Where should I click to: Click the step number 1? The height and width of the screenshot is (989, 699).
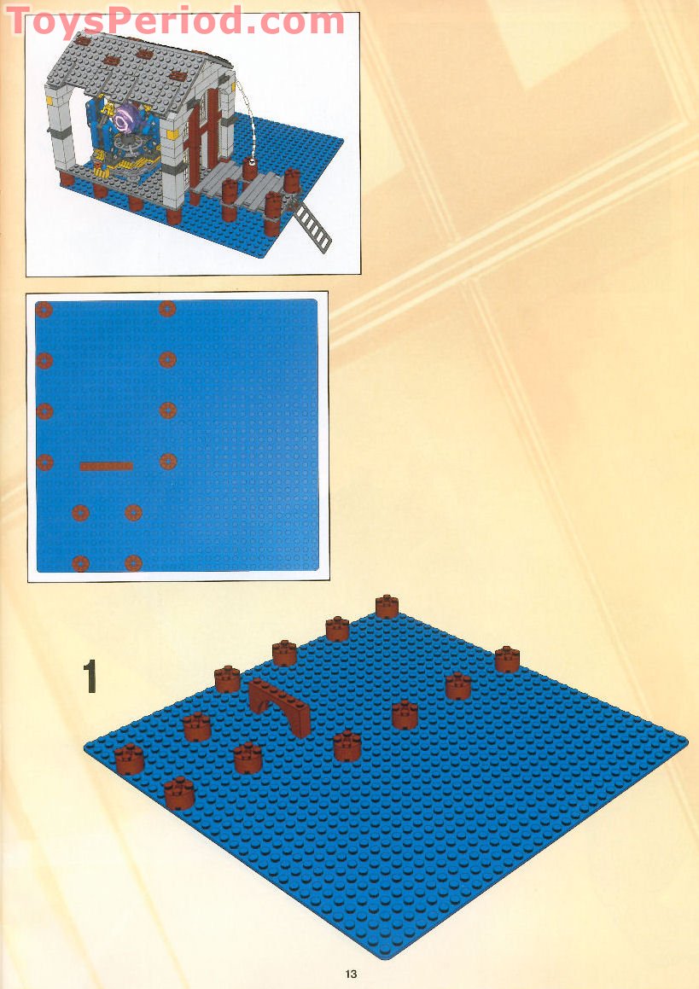pyautogui.click(x=90, y=676)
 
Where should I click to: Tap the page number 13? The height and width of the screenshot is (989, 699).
pyautogui.click(x=352, y=974)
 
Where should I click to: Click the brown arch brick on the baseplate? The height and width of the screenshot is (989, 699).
pyautogui.click(x=281, y=704)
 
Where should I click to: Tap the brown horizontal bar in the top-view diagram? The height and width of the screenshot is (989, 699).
pyautogui.click(x=107, y=466)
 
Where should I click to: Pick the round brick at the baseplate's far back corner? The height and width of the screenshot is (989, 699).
pyautogui.click(x=387, y=606)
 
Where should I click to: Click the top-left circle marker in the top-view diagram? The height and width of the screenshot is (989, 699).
pyautogui.click(x=44, y=309)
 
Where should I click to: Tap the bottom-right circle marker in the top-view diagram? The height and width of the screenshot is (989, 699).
pyautogui.click(x=133, y=563)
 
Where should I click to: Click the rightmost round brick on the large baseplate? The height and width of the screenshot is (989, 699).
pyautogui.click(x=507, y=659)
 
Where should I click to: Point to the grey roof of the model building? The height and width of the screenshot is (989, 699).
pyautogui.click(x=141, y=64)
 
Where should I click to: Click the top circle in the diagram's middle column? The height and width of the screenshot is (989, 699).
pyautogui.click(x=167, y=309)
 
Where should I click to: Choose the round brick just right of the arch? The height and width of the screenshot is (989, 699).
pyautogui.click(x=347, y=746)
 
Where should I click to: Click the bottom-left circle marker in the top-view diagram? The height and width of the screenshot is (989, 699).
pyautogui.click(x=80, y=563)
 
